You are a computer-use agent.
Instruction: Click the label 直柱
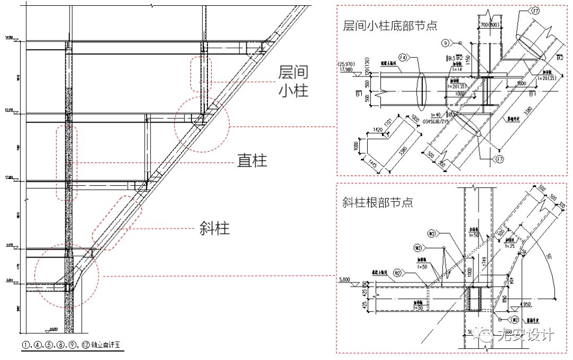point(252,160)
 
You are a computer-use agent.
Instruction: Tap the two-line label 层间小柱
point(293,82)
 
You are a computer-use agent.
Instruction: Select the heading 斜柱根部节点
point(378,202)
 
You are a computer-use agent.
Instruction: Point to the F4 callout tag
point(403,57)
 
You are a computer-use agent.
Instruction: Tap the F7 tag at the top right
point(535,10)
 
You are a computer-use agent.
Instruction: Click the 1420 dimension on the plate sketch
point(378,130)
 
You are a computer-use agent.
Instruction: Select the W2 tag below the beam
point(514,320)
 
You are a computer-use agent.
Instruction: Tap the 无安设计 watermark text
point(525,335)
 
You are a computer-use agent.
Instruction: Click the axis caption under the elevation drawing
point(72,345)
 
